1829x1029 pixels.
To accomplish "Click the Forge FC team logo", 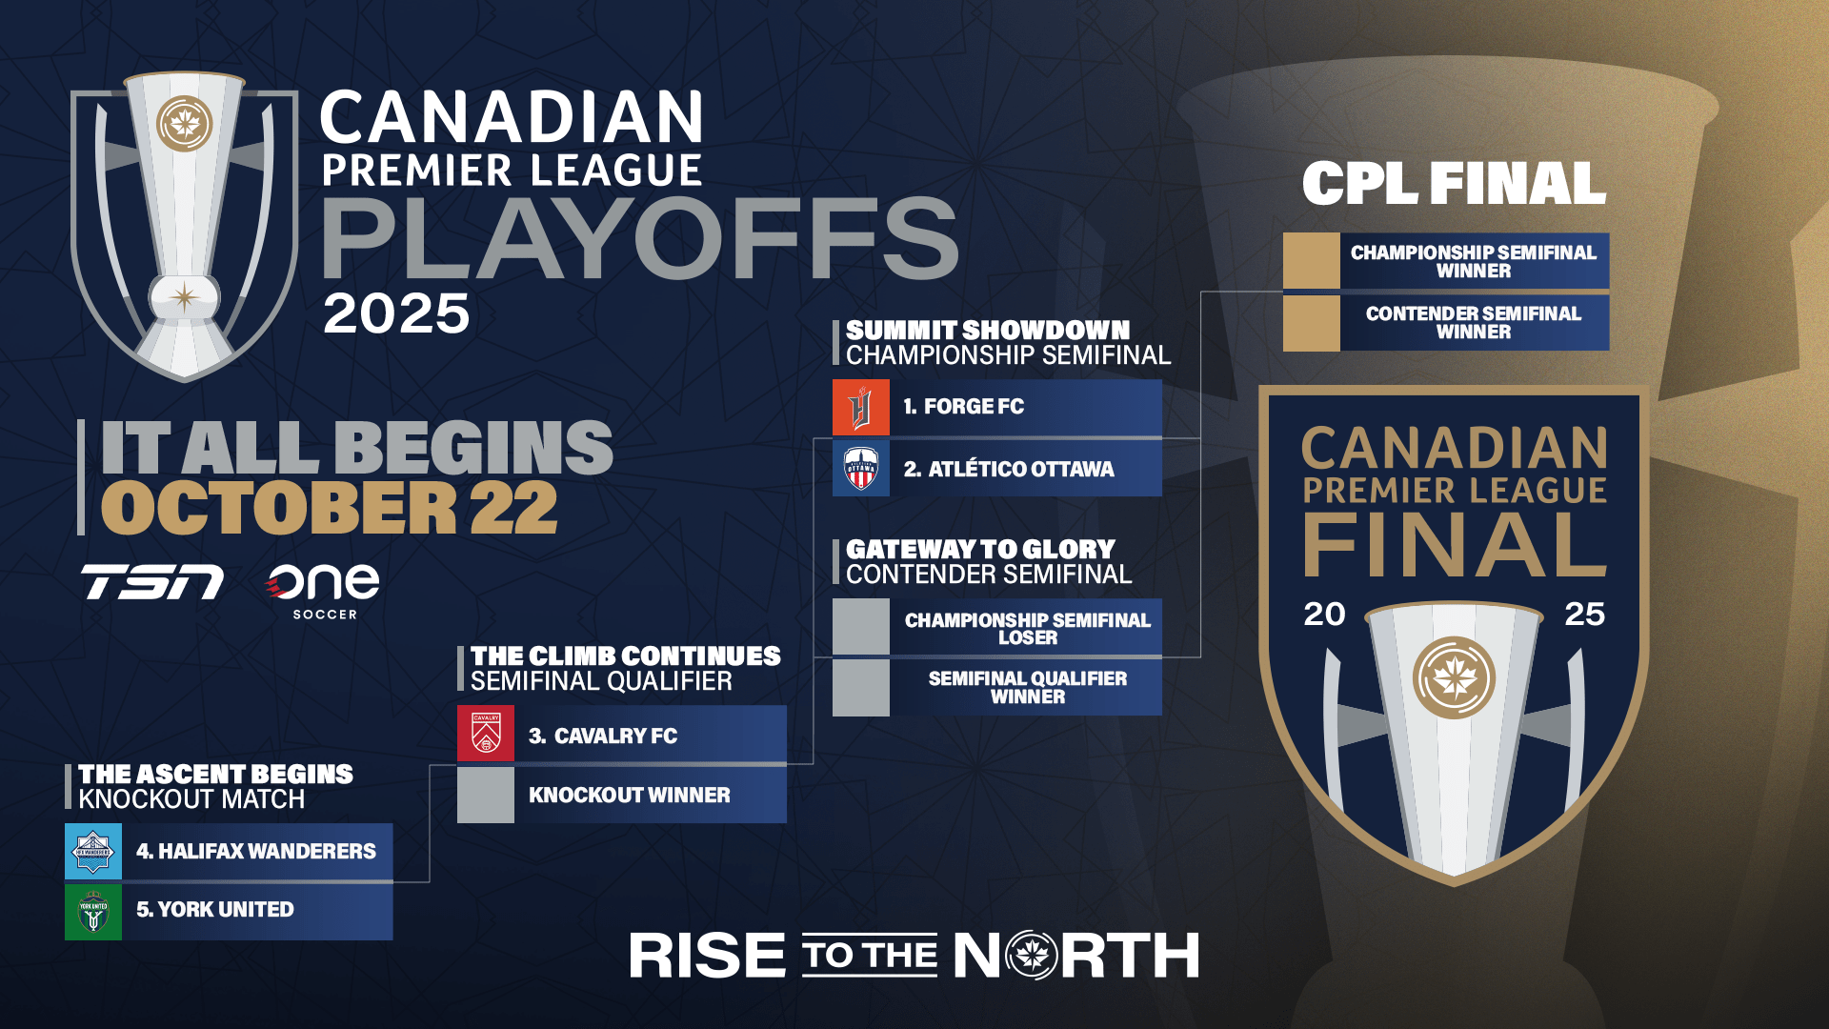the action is pyautogui.click(x=861, y=408).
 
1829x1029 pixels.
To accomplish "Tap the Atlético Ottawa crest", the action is pyautogui.click(x=861, y=468).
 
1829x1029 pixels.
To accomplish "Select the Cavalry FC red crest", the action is pyautogui.click(x=486, y=734).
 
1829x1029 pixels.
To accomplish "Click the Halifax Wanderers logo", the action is pyautogui.click(x=93, y=851).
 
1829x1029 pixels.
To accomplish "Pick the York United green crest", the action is pyautogui.click(x=93, y=912).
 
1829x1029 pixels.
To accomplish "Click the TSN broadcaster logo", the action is pyautogui.click(x=152, y=581).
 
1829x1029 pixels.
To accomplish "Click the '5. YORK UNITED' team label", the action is pyautogui.click(x=215, y=910).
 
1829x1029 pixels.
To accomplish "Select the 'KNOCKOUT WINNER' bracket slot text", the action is pyautogui.click(x=630, y=795).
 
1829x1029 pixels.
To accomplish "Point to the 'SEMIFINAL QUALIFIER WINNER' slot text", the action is pyautogui.click(x=1028, y=687).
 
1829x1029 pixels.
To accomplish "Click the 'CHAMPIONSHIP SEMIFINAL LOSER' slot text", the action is pyautogui.click(x=1028, y=628).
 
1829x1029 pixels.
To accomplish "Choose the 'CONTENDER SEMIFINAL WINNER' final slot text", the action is pyautogui.click(x=1474, y=322).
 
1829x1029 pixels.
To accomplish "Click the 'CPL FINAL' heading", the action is pyautogui.click(x=1455, y=183).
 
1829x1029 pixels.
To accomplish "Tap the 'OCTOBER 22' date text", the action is pyautogui.click(x=330, y=508).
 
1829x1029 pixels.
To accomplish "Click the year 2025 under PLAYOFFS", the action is pyautogui.click(x=396, y=313).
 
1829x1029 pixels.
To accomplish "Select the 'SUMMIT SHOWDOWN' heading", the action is pyautogui.click(x=988, y=330).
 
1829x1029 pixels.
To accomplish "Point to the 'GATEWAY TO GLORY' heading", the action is pyautogui.click(x=980, y=550).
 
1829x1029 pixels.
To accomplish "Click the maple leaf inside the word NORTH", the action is pyautogui.click(x=1032, y=955).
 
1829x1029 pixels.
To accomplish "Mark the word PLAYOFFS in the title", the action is pyautogui.click(x=640, y=238).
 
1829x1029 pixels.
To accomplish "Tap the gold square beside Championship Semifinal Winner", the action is pyautogui.click(x=1312, y=260).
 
